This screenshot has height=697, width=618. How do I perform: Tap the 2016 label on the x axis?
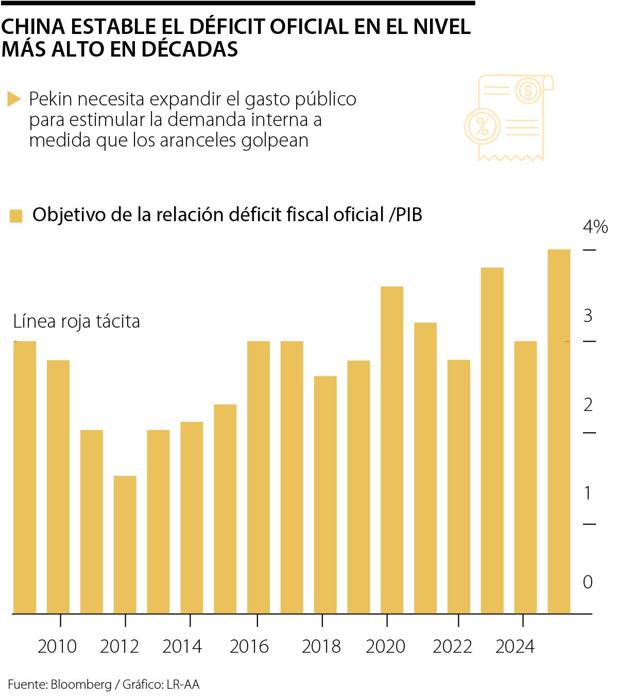[x=249, y=647]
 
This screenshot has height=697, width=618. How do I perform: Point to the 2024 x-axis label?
[x=515, y=647]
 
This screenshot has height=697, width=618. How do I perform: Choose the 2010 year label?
[x=57, y=647]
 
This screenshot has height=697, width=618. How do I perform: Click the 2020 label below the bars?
[x=386, y=647]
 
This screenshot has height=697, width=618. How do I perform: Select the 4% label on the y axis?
[x=595, y=227]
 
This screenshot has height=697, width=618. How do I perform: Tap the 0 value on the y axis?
[x=588, y=582]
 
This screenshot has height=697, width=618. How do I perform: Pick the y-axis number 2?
[x=588, y=405]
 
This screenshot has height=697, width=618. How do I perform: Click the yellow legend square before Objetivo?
[x=16, y=216]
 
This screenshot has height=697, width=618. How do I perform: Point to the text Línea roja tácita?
[x=76, y=321]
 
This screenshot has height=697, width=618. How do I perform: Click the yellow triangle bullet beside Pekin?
[x=14, y=99]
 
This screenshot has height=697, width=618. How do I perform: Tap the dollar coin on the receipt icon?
[x=527, y=91]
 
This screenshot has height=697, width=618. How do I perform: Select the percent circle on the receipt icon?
[x=483, y=126]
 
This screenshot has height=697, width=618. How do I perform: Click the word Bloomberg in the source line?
[x=81, y=685]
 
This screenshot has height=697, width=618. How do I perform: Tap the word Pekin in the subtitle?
[x=50, y=99]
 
